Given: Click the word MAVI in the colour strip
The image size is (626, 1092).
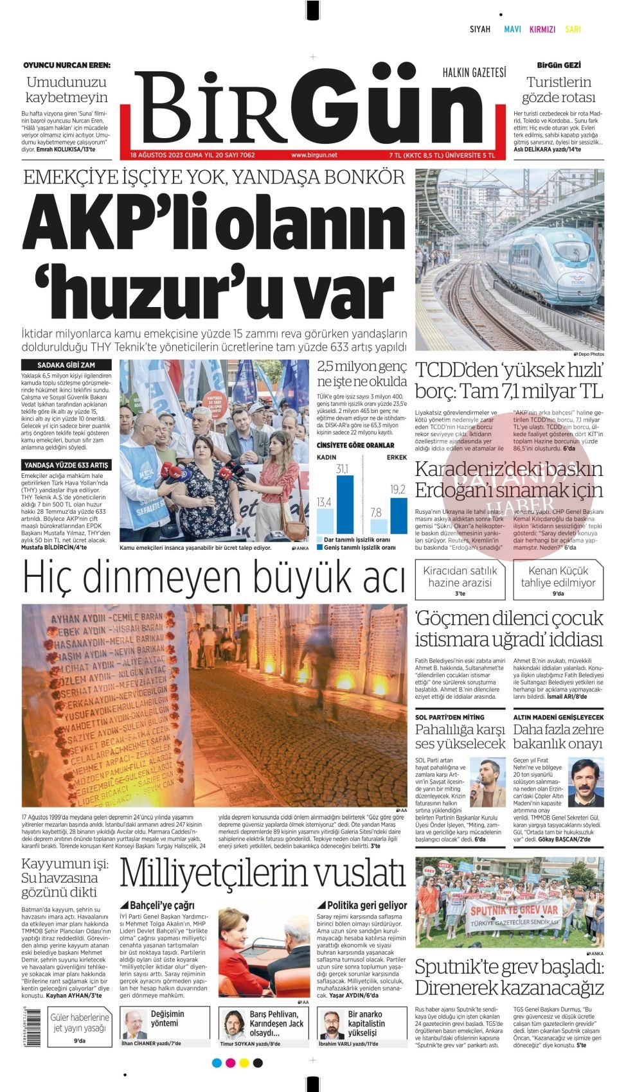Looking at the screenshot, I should pyautogui.click(x=512, y=30).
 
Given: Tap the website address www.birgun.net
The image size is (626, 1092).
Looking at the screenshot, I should pyautogui.click(x=314, y=155).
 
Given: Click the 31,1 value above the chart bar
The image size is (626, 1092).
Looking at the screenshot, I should pyautogui.click(x=343, y=470).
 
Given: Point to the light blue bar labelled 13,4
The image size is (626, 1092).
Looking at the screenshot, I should pyautogui.click(x=325, y=522).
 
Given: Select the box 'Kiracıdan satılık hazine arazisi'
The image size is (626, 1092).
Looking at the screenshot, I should pyautogui.click(x=460, y=580).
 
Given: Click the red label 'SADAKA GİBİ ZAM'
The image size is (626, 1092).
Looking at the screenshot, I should pyautogui.click(x=66, y=365).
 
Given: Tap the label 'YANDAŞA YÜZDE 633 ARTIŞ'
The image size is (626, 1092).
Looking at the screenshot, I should pyautogui.click(x=66, y=464).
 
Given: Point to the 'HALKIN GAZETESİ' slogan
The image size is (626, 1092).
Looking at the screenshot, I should pyautogui.click(x=474, y=73).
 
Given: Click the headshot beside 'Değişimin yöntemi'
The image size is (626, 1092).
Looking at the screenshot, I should pyautogui.click(x=134, y=1025).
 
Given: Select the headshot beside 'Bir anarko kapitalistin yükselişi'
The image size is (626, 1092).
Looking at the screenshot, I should pyautogui.click(x=332, y=1025).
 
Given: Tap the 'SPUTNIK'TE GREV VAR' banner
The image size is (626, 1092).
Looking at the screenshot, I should pyautogui.click(x=513, y=910).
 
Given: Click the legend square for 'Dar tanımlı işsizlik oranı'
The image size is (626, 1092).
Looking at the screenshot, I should pyautogui.click(x=320, y=540).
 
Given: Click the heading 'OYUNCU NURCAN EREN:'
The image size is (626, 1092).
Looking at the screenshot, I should pyautogui.click(x=67, y=65).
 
